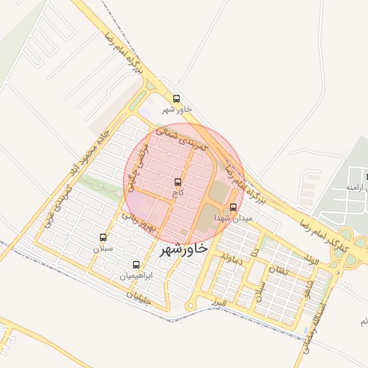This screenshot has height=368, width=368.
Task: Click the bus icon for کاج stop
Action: click(x=178, y=183)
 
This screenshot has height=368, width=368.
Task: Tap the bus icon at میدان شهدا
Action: click(x=232, y=208)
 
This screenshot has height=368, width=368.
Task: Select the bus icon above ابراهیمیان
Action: click(x=137, y=264)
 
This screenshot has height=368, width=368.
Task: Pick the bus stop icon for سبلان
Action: click(x=103, y=237)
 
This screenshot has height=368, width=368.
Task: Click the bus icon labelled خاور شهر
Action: click(x=177, y=98)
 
